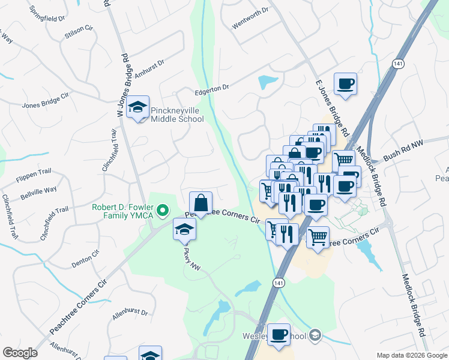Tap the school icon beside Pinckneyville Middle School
(139, 108)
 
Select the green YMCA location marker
(161, 210)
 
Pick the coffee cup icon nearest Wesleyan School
(279, 334)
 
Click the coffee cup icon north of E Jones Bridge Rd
(345, 83)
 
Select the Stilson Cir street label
(79, 32)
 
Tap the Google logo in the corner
(19, 352)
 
